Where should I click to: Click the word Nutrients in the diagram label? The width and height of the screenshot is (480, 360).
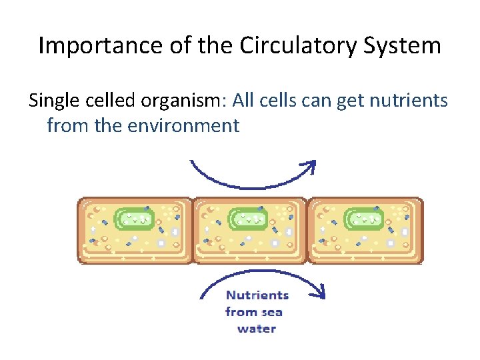257,295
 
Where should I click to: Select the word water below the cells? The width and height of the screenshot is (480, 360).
257,329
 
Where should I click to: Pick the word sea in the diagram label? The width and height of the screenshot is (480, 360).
272,312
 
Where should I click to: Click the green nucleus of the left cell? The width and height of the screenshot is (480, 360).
135,219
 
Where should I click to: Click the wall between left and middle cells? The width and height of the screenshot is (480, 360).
193,231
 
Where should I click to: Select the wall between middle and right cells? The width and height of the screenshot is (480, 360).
307,231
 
